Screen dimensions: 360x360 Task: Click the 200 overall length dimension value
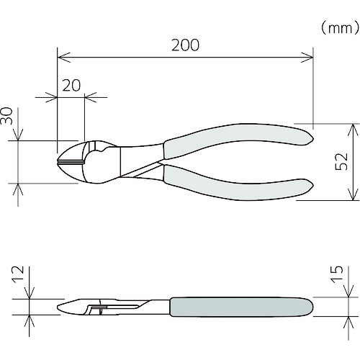click(x=185, y=45)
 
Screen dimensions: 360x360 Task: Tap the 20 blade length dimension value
click(x=71, y=86)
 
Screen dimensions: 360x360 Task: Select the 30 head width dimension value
click(x=6, y=116)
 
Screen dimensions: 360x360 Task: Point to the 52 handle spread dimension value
click(x=341, y=161)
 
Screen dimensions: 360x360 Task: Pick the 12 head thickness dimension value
click(x=18, y=274)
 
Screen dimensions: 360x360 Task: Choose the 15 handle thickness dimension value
click(x=338, y=274)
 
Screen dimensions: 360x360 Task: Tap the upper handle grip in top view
click(x=238, y=139)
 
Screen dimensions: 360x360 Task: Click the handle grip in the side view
click(x=241, y=307)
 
